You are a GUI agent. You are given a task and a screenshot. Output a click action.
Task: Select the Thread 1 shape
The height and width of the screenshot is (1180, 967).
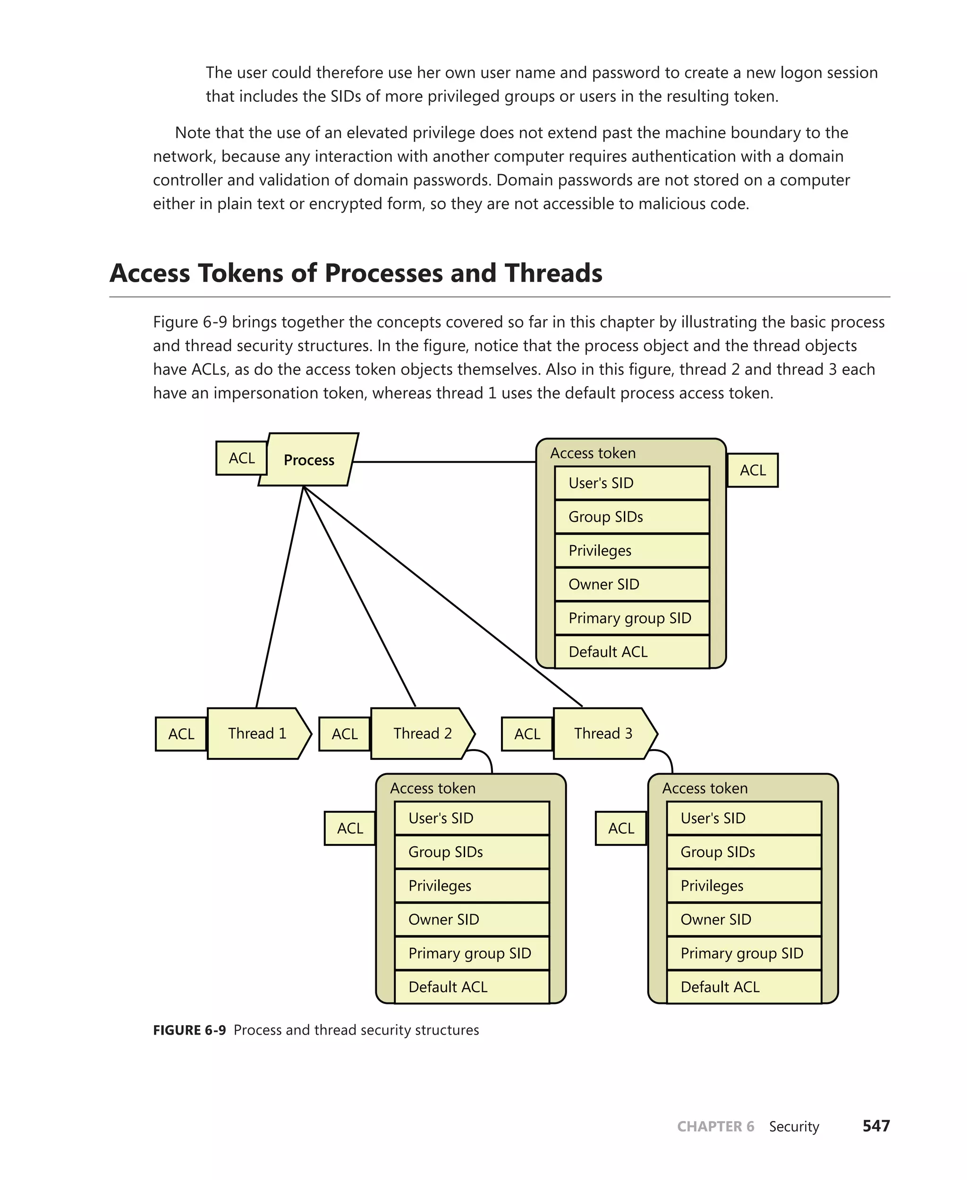tap(257, 733)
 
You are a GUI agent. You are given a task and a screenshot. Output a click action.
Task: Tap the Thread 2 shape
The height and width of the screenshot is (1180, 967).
tap(422, 733)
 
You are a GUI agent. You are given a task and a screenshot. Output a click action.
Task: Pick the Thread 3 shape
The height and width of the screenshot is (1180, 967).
tap(604, 733)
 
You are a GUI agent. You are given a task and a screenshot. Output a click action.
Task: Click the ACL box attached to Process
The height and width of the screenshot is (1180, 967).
tap(241, 458)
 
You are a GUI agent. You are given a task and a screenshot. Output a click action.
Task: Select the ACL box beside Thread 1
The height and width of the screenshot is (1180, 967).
tap(181, 734)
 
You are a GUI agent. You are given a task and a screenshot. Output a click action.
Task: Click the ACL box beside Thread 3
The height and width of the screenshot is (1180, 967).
tap(527, 734)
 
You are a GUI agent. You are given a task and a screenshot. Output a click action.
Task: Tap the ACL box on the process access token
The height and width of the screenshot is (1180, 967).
tap(753, 471)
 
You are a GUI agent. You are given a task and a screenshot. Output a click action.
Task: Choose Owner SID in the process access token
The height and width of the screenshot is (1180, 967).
tap(631, 584)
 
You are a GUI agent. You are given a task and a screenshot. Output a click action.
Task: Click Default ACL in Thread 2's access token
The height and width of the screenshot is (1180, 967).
tap(471, 987)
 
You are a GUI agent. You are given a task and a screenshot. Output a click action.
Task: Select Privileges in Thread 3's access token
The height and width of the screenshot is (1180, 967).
tap(744, 885)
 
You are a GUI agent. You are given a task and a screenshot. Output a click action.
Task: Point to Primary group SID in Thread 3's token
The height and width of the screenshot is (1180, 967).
tap(744, 953)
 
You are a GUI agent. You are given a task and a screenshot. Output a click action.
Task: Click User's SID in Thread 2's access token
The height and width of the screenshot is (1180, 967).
tap(471, 818)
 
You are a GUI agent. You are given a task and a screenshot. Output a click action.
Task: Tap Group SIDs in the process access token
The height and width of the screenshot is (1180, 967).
tap(631, 517)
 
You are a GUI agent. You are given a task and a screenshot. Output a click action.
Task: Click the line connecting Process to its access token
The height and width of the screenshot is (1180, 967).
tap(446, 462)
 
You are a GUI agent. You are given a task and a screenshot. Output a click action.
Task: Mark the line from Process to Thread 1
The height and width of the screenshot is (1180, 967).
tap(280, 596)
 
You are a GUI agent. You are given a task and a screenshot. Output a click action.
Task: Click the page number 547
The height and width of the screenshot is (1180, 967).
tap(876, 1126)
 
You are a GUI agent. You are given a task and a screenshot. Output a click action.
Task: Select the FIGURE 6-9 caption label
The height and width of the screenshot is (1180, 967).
tap(189, 1030)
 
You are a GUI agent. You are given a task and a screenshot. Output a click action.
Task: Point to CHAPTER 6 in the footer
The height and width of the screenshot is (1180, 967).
tap(715, 1127)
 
